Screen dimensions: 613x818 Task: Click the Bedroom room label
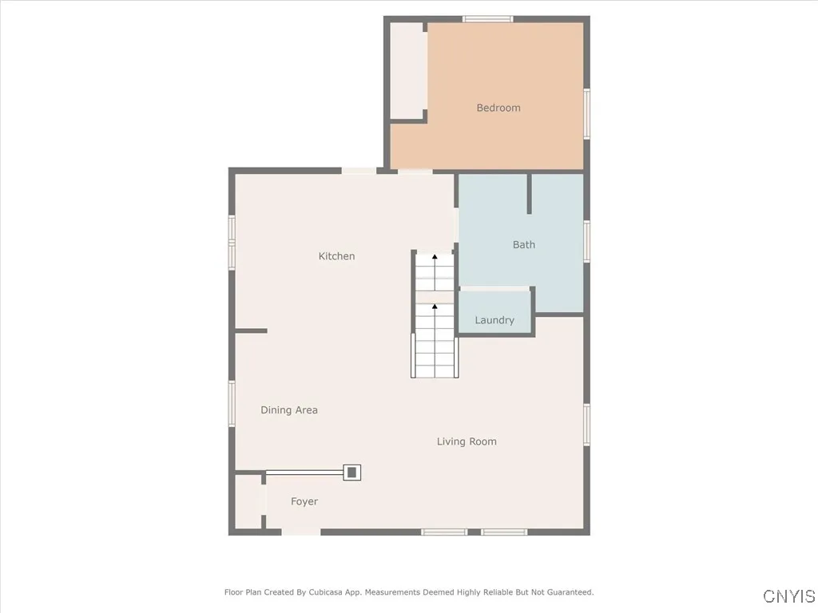(498, 108)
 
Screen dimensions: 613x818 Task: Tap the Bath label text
(524, 245)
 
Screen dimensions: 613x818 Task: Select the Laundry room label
(494, 320)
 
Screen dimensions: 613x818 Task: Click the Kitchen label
(336, 256)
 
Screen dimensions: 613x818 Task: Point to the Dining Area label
(289, 410)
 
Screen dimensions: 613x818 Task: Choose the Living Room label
(467, 441)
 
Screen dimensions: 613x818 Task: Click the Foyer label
(304, 501)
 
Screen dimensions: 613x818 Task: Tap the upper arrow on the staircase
(435, 258)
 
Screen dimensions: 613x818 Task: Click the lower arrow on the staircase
(435, 306)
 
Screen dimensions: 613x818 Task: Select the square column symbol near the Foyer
(351, 472)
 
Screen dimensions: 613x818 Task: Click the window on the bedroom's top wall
(487, 19)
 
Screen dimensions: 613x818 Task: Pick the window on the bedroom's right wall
(586, 113)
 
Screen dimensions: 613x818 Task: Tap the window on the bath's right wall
(586, 240)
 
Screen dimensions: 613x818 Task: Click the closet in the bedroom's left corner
(407, 70)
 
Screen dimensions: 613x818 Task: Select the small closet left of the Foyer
(248, 501)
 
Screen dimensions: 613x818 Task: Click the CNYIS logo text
(789, 596)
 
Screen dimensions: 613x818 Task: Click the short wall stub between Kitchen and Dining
(251, 330)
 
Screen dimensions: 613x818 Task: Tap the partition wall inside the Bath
(529, 194)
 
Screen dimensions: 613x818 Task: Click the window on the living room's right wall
(586, 423)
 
